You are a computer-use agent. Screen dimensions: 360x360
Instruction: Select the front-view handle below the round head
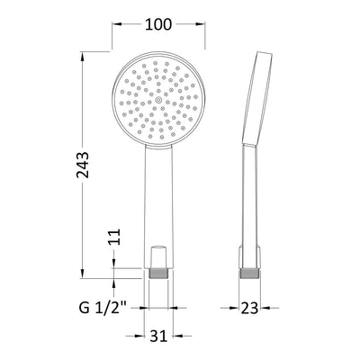click(x=158, y=207)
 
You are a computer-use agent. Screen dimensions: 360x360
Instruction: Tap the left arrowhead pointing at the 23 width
click(x=235, y=308)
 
